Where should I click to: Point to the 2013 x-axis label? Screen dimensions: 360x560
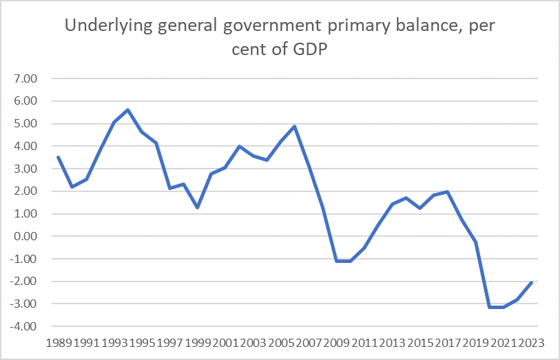click(392, 343)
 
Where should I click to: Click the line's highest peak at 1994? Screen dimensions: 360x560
click(128, 110)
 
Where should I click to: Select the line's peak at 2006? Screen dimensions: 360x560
click(295, 127)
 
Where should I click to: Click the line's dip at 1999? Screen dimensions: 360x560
click(198, 207)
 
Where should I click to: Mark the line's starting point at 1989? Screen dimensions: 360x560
click(58, 157)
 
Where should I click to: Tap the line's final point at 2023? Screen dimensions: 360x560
click(531, 282)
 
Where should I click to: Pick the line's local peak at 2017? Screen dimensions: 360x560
click(448, 192)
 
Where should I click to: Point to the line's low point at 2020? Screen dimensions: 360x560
click(490, 307)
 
